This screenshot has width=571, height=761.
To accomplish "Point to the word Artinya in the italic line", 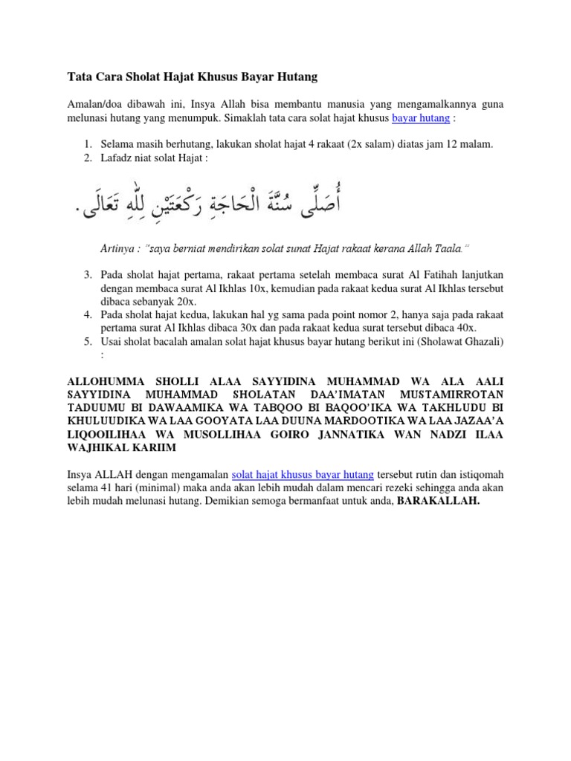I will [x=117, y=247].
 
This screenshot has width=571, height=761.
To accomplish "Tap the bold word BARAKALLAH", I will [x=439, y=501].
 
